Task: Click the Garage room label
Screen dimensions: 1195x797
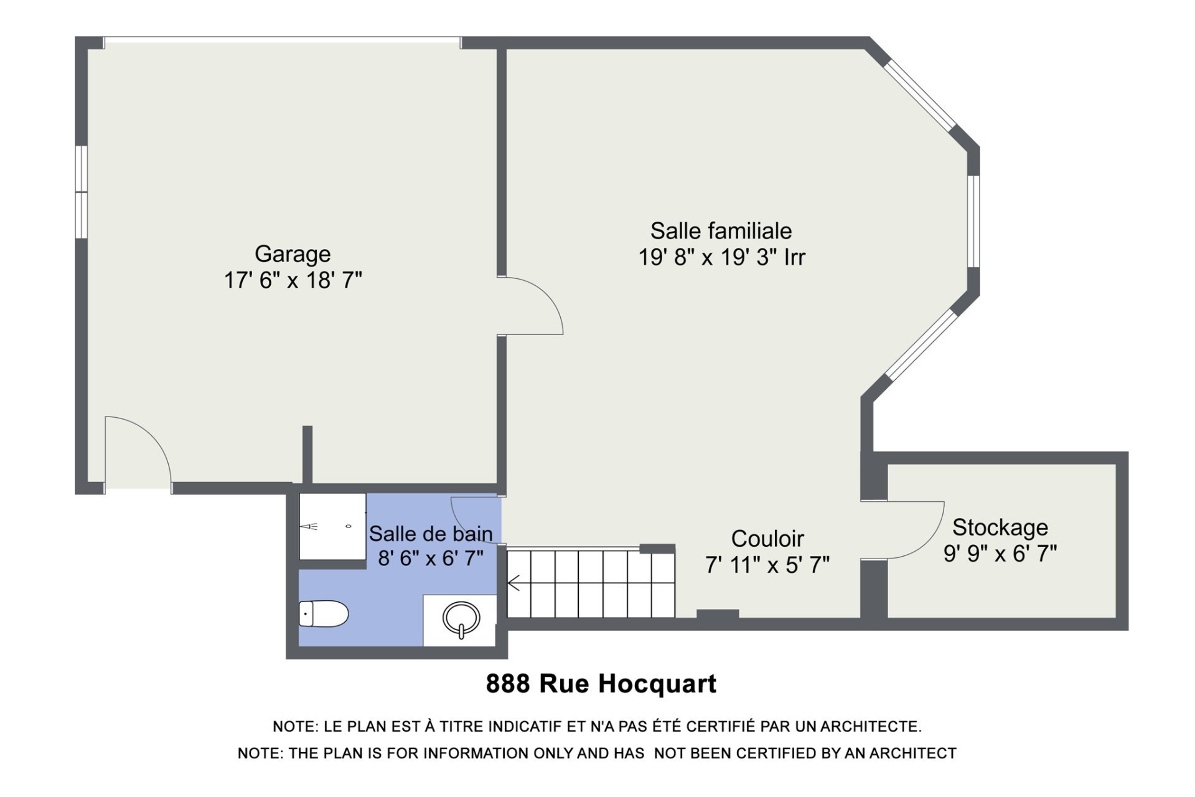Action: (293, 254)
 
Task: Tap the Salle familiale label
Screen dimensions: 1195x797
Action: (721, 231)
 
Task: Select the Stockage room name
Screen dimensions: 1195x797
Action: (1000, 527)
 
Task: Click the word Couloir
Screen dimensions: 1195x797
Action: (767, 539)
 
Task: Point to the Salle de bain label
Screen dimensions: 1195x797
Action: (431, 534)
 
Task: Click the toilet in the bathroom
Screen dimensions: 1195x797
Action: (324, 614)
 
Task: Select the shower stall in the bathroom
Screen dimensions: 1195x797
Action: (332, 527)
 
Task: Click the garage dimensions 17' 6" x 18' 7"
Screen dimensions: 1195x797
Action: (293, 280)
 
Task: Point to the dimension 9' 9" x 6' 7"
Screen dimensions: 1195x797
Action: (1000, 553)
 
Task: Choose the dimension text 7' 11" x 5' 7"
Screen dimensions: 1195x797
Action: (767, 565)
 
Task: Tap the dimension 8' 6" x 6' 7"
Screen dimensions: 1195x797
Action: (431, 558)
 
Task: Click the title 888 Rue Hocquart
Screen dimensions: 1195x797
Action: (601, 684)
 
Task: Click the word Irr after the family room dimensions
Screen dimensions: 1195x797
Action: (795, 257)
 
